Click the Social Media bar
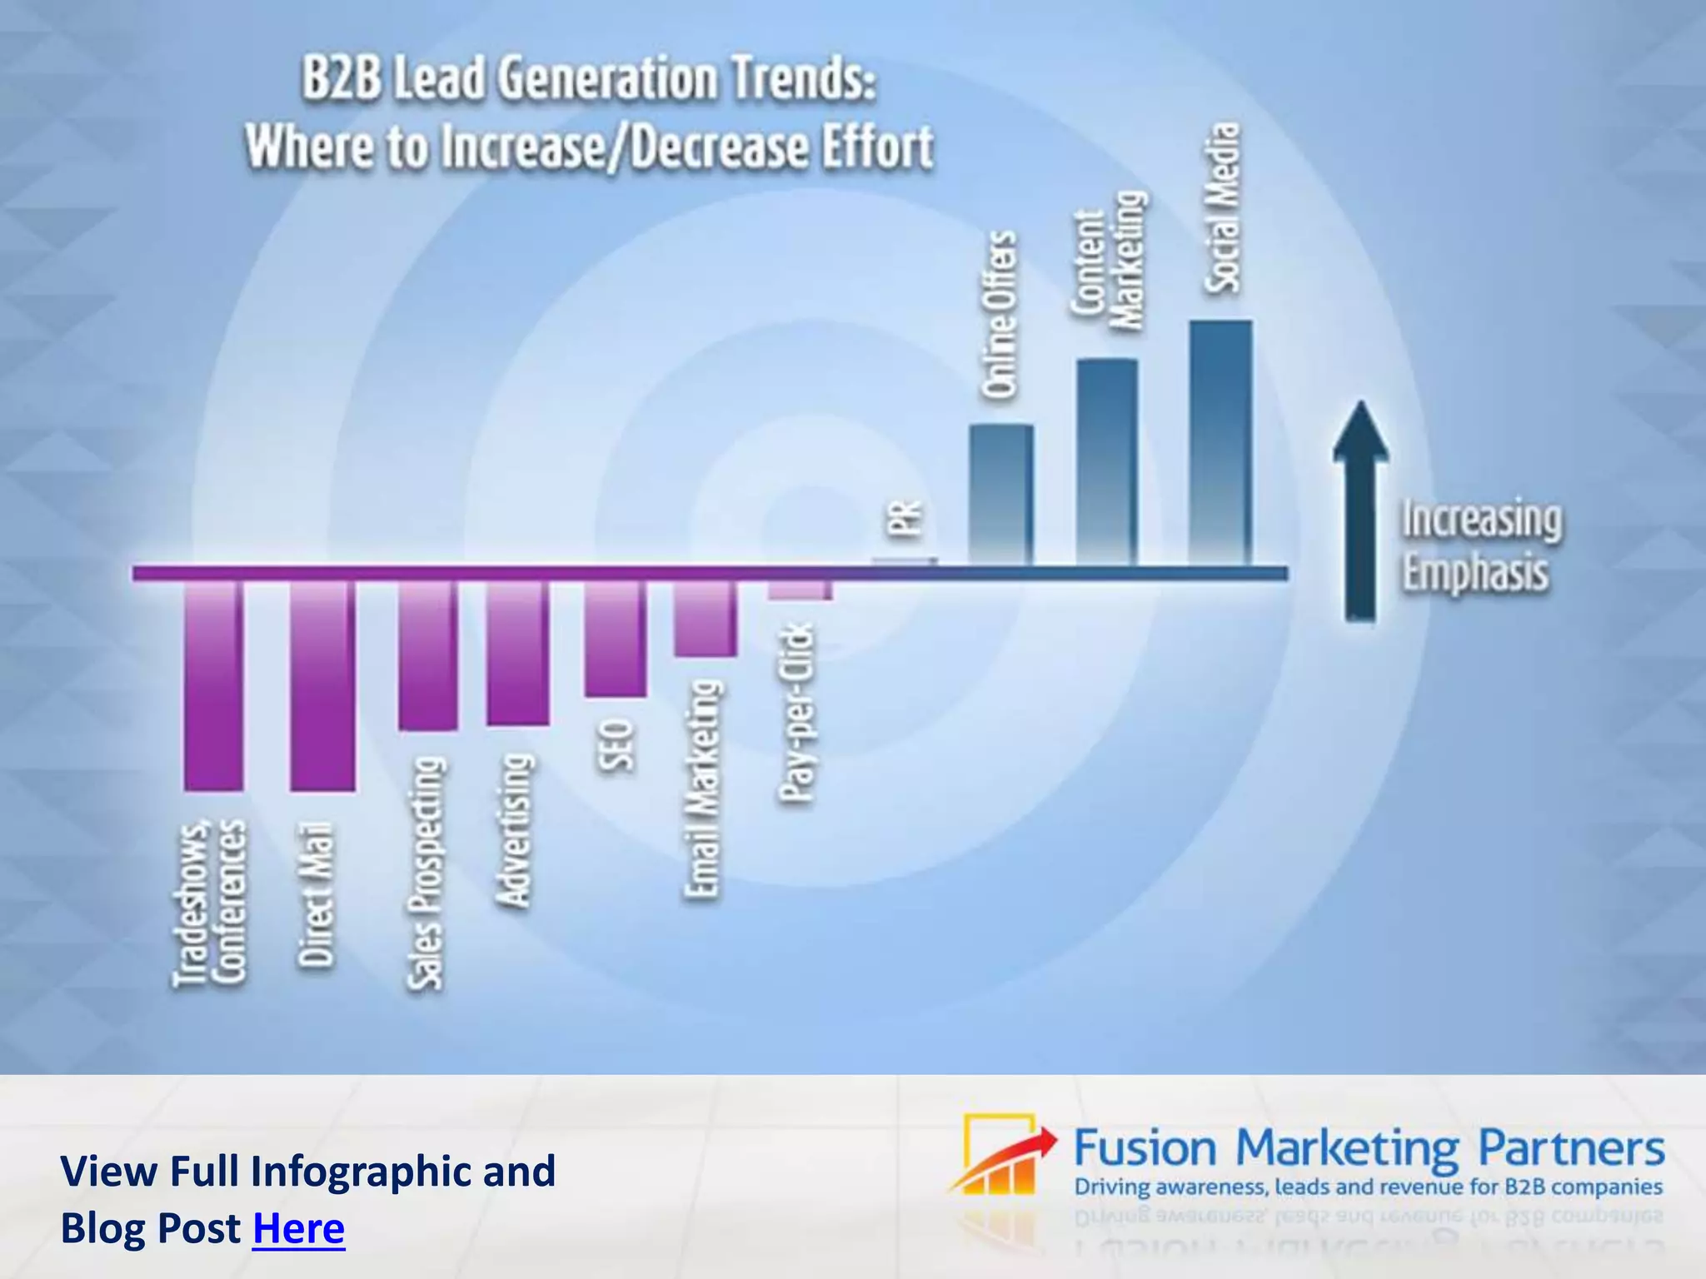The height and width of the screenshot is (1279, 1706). coord(1220,441)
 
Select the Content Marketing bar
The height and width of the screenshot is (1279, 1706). coord(1107,462)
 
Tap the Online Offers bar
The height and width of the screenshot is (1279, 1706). coord(1001,495)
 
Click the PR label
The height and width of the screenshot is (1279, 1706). coord(905,518)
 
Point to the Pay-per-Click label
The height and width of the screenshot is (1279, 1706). coord(797,714)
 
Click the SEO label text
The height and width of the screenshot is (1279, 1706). coord(617,746)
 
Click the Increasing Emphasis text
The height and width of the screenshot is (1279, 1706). coord(1481,545)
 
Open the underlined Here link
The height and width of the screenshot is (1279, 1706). coord(298,1228)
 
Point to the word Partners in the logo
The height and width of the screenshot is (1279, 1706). coord(1571,1149)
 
